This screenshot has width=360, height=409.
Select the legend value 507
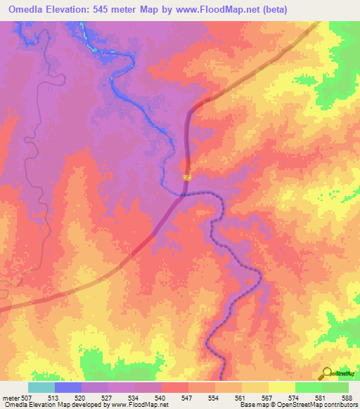(x=27, y=397)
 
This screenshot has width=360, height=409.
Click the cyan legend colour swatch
(x=41, y=387)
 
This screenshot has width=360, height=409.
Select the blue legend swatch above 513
(x=67, y=387)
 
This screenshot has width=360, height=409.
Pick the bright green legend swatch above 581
(x=308, y=387)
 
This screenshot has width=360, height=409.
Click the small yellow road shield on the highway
(x=187, y=178)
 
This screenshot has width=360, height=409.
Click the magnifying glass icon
(x=328, y=373)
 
